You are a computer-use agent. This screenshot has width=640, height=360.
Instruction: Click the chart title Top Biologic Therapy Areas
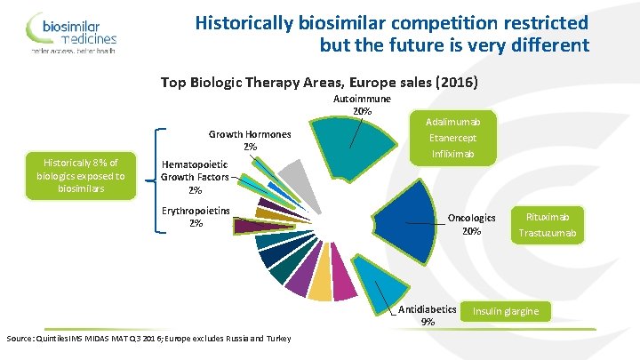pos(319,83)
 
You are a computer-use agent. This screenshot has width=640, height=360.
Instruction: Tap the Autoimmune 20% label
pos(362,106)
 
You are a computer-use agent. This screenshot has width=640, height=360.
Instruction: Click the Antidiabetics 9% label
pos(428,316)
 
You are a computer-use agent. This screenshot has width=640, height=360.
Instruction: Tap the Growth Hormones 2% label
pos(250,140)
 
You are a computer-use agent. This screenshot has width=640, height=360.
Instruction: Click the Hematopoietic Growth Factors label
pos(195,177)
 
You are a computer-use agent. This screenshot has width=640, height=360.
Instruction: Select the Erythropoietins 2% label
pos(196,217)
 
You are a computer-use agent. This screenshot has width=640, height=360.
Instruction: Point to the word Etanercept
pos(453,138)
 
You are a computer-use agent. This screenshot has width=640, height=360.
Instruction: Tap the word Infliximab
pos(453,155)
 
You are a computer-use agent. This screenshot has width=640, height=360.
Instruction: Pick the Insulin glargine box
pos(506,311)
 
